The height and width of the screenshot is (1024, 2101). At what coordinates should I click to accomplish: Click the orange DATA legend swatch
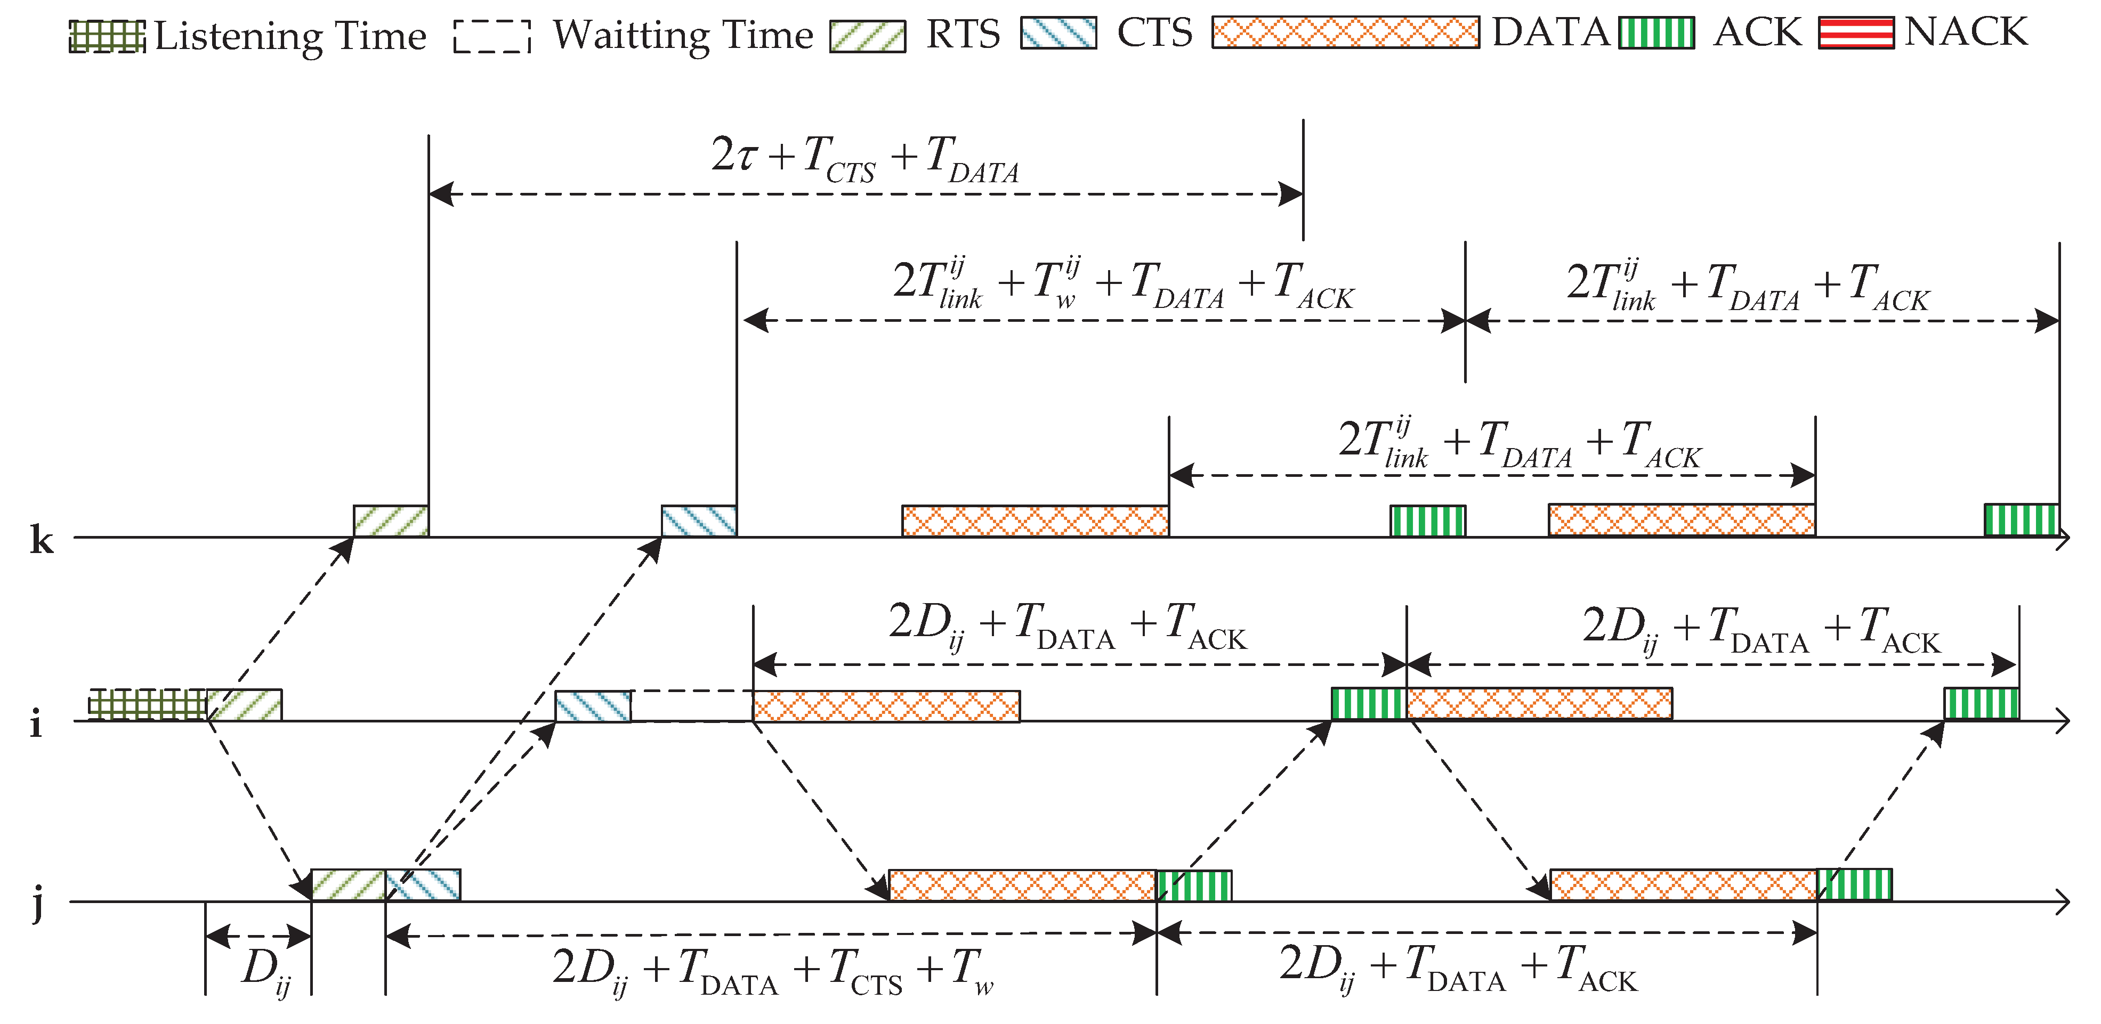[x=1345, y=32]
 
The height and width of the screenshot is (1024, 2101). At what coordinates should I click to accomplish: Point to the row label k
[x=42, y=540]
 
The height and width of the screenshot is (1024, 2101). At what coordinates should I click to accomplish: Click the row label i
[x=36, y=723]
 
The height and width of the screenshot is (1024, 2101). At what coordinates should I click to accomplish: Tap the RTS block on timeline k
[x=391, y=521]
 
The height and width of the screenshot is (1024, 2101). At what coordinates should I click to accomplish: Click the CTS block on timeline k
[x=699, y=521]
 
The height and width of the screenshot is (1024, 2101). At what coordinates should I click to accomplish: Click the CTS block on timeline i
[x=593, y=706]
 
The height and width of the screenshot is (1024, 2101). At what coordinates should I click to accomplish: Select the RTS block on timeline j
[x=348, y=884]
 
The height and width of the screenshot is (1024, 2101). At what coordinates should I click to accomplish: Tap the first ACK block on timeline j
[x=1194, y=885]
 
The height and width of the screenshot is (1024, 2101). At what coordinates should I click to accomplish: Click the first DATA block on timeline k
[x=1035, y=521]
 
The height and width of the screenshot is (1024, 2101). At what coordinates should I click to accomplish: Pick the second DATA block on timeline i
[x=1539, y=704]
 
